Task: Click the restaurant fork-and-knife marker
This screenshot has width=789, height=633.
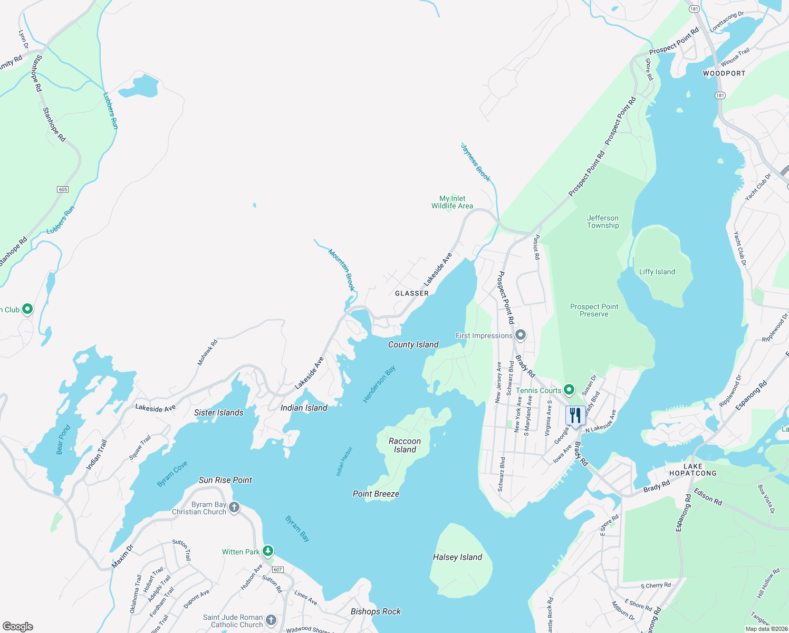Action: [575, 416]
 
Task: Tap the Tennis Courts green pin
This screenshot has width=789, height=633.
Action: [569, 390]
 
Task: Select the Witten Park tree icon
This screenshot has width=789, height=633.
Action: [268, 551]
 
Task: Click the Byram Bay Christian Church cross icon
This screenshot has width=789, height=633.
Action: [234, 507]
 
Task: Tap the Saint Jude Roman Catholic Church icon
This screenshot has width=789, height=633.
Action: [271, 620]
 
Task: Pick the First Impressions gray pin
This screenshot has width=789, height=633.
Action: [521, 335]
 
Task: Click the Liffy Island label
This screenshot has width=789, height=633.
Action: [657, 272]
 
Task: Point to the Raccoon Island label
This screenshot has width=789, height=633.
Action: [405, 445]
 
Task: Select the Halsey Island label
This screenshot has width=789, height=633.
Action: [457, 557]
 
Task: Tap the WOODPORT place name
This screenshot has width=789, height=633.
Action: [724, 73]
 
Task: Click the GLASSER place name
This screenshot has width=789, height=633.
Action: [412, 293]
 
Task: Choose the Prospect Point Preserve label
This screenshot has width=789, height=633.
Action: [594, 310]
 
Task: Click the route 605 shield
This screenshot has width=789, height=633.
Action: [63, 189]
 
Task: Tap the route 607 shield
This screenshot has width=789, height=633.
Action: [278, 570]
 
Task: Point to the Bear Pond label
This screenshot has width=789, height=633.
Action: [63, 440]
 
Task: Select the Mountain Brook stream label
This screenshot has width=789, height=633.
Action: [342, 270]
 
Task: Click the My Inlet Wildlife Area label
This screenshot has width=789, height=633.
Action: [452, 202]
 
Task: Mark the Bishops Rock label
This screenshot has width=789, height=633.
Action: [376, 611]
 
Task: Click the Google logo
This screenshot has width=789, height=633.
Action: [18, 626]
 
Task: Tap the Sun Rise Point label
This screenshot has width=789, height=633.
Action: [225, 480]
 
